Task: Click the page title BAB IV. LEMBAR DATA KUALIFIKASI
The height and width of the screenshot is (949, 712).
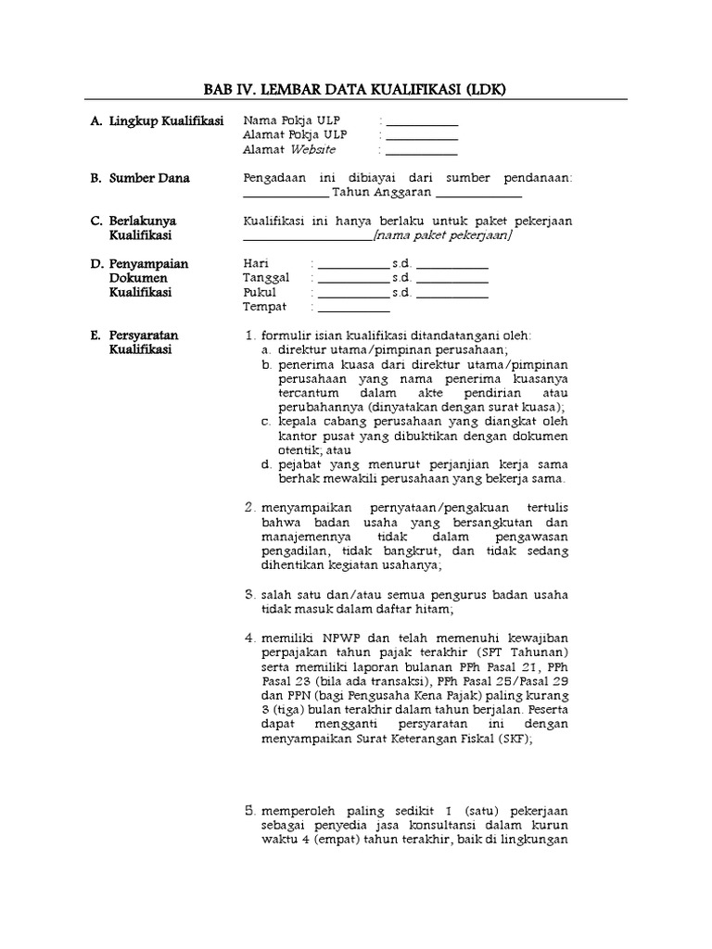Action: coord(356,90)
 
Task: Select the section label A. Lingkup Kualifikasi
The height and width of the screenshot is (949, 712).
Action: coord(152,121)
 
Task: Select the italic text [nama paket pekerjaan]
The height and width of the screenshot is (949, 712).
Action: coord(442,235)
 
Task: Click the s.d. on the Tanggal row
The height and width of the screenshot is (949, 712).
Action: coord(401,278)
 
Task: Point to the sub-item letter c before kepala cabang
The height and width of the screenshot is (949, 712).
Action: coord(265,421)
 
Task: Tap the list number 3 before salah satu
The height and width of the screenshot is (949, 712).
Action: coord(248,594)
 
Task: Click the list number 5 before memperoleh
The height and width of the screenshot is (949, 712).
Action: coord(248,810)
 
